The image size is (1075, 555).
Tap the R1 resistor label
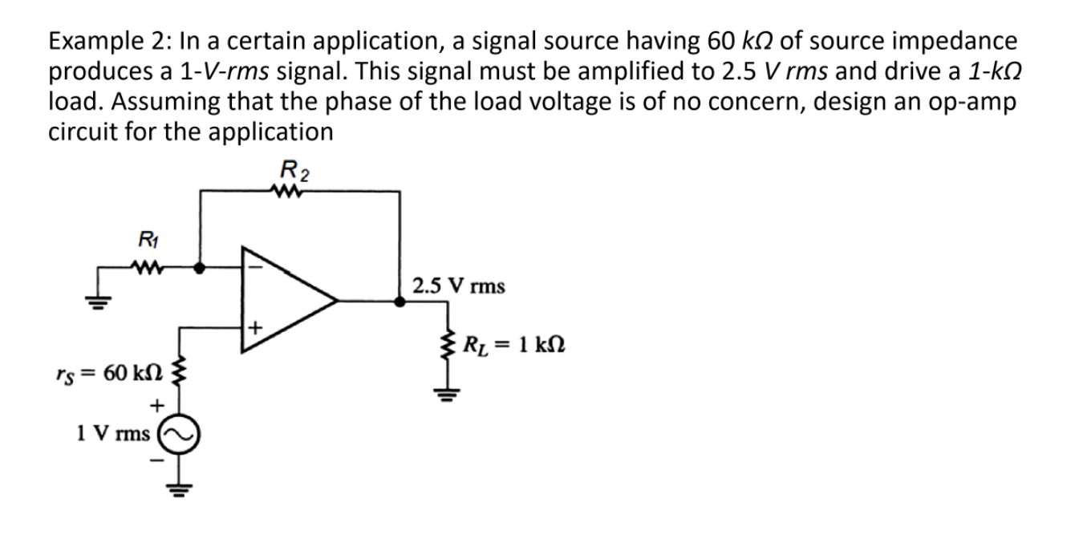pos(147,237)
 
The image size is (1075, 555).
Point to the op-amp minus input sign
pos(257,266)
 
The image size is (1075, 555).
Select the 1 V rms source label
pos(113,434)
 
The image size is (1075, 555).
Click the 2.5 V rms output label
pos(458,286)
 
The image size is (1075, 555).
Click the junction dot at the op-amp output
pos(400,302)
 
